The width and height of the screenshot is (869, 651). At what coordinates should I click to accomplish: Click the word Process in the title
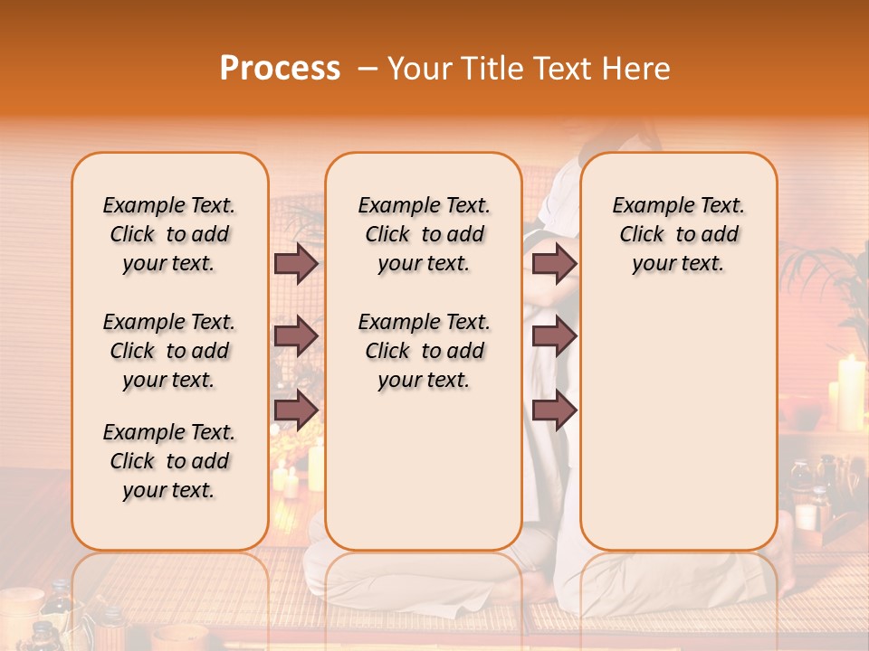coord(280,69)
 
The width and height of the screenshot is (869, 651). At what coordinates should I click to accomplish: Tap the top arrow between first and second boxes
coord(296,263)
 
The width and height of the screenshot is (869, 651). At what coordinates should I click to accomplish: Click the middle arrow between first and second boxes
coord(296,336)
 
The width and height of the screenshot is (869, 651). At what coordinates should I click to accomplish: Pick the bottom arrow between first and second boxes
coord(296,410)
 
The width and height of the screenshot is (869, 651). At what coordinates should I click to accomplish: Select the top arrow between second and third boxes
coord(554,263)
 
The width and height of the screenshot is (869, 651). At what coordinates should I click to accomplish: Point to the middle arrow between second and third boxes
coord(554,336)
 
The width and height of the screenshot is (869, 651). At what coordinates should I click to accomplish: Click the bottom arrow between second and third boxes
coord(554,410)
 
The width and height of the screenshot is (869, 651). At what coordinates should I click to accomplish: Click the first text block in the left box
coord(169,234)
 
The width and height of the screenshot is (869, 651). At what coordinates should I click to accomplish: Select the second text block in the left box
coord(169,351)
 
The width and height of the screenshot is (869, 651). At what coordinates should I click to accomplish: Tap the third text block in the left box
coord(169,461)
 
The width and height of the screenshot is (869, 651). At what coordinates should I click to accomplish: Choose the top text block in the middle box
coord(424,234)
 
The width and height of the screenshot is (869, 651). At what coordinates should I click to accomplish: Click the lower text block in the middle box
coord(424,351)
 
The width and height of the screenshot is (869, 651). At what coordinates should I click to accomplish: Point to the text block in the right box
coord(678,234)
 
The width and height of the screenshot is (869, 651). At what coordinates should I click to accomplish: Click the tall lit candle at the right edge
coord(850,393)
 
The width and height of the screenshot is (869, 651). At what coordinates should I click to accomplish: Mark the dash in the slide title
coord(368,69)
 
